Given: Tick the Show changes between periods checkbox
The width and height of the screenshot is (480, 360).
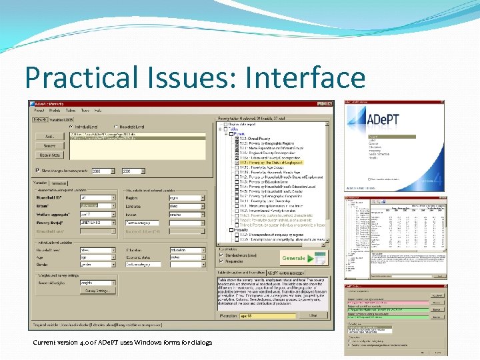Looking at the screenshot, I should (37, 171).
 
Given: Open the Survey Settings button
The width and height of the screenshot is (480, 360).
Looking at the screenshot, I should (98, 290).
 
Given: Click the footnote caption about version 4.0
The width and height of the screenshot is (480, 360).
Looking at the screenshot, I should (122, 343).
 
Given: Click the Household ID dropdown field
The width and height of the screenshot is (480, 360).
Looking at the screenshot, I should (97, 198).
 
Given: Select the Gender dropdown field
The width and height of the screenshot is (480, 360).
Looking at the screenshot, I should (97, 265).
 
